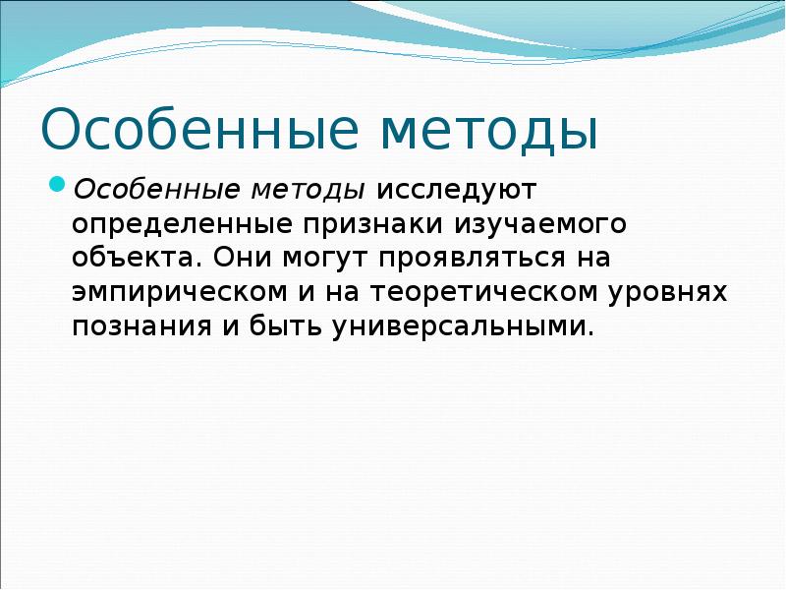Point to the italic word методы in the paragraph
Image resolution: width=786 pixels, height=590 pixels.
(x=314, y=187)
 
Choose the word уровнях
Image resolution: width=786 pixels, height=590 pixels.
(x=669, y=293)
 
